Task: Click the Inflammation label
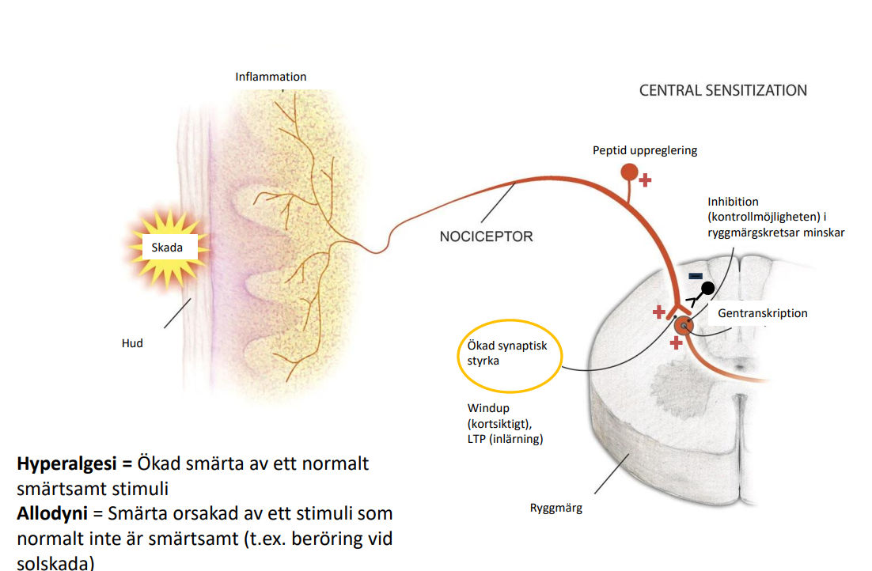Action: coord(271,77)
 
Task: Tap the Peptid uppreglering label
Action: coord(645,150)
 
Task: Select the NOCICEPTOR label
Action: coord(486,236)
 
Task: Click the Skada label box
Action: coord(167,248)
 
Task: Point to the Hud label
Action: coord(132,343)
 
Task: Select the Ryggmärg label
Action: coord(555,508)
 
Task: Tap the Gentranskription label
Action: coord(763,313)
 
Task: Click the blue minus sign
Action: coord(695,276)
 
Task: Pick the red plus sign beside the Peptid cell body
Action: coord(646,180)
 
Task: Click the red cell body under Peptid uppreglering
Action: coord(629,171)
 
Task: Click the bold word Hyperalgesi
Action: coord(63,463)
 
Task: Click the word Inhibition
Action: coord(733,202)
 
